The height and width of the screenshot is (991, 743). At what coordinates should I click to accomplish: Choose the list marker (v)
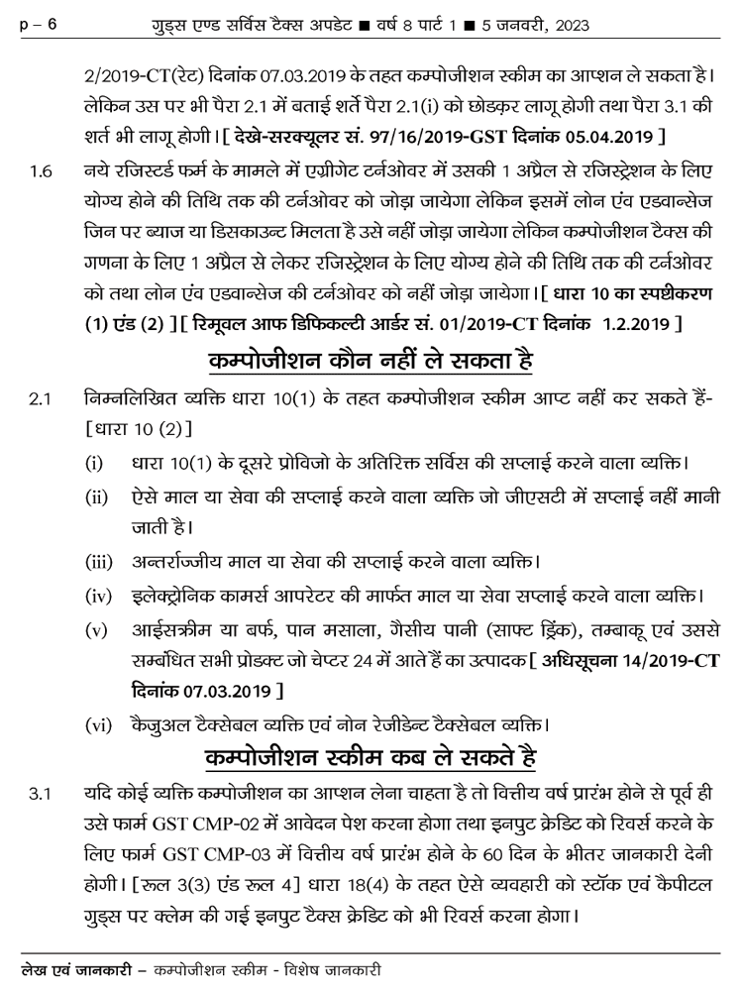[x=98, y=632]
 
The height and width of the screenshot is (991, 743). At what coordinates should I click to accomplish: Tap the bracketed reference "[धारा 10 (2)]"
[x=138, y=429]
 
